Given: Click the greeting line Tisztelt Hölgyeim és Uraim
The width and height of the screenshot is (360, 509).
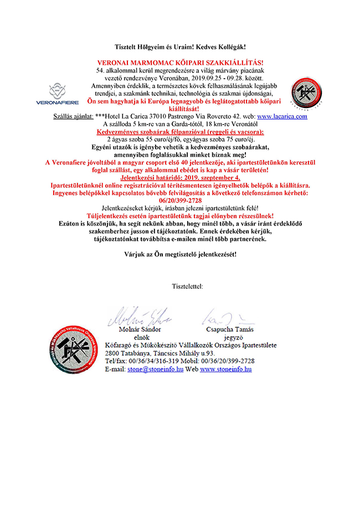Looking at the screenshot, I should click(181, 48).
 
